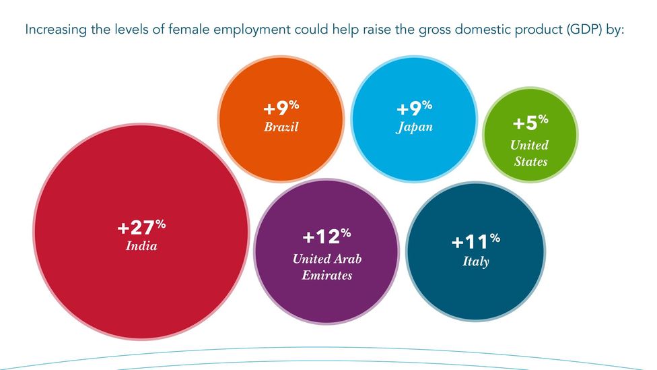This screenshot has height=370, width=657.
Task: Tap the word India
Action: (x=141, y=246)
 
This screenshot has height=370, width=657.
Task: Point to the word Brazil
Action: (x=281, y=127)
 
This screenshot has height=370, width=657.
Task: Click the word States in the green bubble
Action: (x=530, y=162)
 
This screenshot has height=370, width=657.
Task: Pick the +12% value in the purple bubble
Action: (x=326, y=239)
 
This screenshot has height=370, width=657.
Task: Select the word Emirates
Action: (x=326, y=275)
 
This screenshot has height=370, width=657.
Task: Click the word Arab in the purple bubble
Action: (x=348, y=259)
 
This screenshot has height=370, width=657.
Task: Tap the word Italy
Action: (x=475, y=261)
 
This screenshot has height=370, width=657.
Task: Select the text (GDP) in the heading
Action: (x=578, y=30)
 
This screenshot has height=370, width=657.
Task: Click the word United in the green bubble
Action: (x=529, y=145)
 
